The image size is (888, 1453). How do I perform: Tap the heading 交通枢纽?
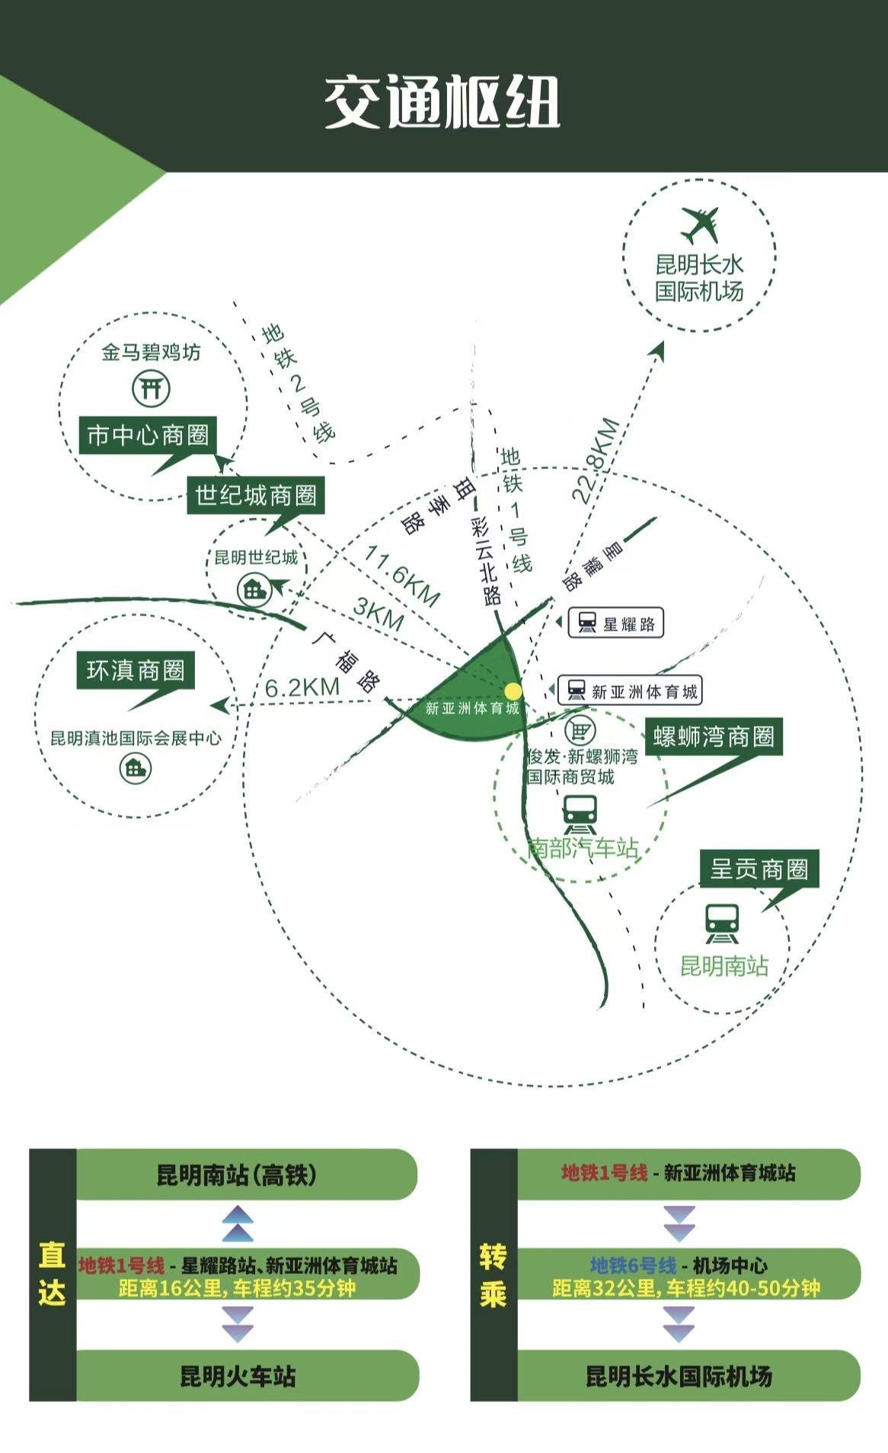click(442, 102)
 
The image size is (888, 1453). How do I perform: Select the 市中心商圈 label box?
click(149, 436)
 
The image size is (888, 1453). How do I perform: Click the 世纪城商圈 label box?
click(256, 496)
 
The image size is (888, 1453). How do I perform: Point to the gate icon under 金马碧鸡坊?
click(151, 388)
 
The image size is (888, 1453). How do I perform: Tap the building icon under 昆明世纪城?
click(254, 589)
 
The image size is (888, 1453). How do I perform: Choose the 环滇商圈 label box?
click(136, 670)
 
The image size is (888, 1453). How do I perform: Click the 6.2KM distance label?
click(302, 687)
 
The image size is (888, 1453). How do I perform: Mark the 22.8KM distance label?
click(596, 461)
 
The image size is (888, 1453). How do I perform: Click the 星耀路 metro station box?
click(616, 623)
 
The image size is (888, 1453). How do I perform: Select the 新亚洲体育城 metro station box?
click(630, 691)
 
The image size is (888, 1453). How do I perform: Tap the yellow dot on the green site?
click(513, 691)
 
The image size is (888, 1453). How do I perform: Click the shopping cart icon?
click(580, 730)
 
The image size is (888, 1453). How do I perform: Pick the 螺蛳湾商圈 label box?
click(714, 737)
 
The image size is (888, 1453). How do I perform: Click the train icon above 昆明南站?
click(721, 923)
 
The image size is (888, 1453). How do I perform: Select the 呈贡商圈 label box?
click(759, 869)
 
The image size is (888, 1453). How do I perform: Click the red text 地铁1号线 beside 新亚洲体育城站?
click(605, 1173)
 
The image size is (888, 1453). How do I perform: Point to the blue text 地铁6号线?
click(634, 1266)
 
